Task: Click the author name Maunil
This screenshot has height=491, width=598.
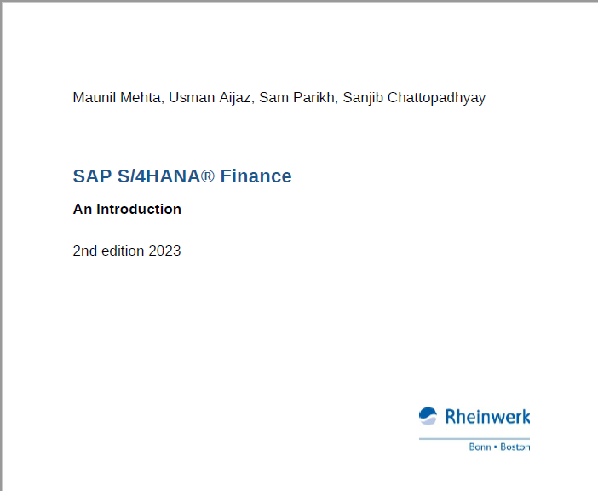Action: tap(95, 98)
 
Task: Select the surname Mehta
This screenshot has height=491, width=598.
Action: tap(142, 98)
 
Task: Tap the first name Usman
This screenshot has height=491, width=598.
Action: tap(192, 98)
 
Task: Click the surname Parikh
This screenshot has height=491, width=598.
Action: tap(315, 98)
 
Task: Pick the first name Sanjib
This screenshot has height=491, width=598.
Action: tap(363, 98)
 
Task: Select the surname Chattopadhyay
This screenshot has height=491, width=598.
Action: tap(436, 98)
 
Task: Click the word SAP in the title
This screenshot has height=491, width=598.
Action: tap(92, 176)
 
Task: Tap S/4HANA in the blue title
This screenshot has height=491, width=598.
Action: tap(158, 176)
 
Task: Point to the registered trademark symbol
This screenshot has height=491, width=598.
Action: tap(208, 176)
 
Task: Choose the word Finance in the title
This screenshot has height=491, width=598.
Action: tap(256, 176)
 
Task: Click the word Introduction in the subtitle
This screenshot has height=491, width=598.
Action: tap(139, 209)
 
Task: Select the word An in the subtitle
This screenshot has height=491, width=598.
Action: tap(83, 209)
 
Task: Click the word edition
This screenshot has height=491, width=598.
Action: tap(123, 251)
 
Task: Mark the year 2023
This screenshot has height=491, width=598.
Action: tap(164, 251)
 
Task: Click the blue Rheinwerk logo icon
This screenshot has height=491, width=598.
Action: tap(428, 416)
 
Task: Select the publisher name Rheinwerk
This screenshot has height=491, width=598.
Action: tap(487, 417)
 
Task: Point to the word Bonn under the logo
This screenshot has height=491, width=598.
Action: tap(480, 447)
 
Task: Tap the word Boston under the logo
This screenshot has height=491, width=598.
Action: tap(515, 447)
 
